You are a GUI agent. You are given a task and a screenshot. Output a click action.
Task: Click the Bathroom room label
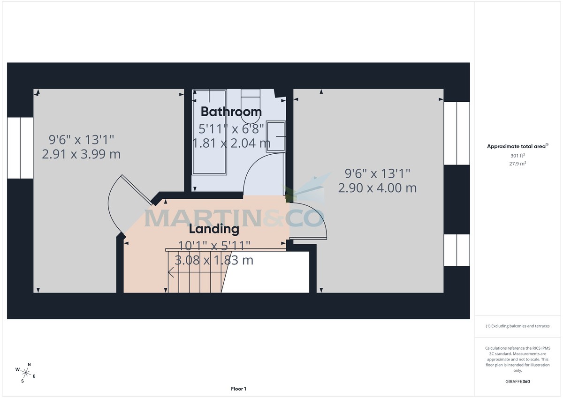(x=231, y=112)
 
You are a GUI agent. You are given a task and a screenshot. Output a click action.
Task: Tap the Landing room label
(x=214, y=229)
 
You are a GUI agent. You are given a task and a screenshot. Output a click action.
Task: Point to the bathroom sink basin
(x=275, y=136)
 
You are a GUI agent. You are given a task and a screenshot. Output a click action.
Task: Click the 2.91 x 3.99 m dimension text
(x=81, y=154)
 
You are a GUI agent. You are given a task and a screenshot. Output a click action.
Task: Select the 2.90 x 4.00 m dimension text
(x=377, y=188)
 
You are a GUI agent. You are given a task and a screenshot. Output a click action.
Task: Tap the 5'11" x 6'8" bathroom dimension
(x=232, y=128)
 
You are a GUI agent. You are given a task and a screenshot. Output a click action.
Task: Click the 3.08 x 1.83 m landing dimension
(x=214, y=260)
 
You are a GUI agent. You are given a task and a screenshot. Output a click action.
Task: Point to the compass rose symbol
(x=26, y=373)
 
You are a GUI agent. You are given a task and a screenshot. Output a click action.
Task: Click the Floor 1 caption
(x=238, y=389)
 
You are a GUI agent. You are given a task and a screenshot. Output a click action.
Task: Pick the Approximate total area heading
(x=517, y=147)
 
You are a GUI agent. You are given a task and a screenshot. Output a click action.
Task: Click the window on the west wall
(x=20, y=148)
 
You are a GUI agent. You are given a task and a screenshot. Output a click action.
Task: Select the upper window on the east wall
(x=456, y=133)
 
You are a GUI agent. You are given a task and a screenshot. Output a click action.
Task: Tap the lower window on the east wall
(x=456, y=250)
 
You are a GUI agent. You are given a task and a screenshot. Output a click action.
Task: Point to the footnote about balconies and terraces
(x=517, y=326)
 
